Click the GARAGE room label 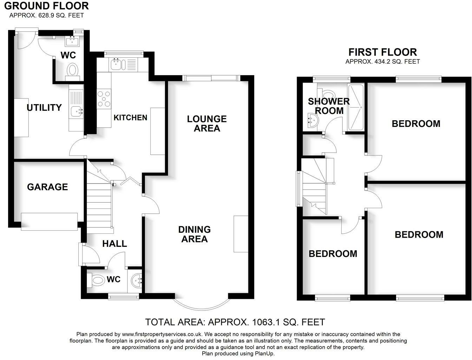click(x=47, y=187)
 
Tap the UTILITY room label click(x=44, y=108)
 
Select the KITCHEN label click(x=130, y=117)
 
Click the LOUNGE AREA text click(x=206, y=123)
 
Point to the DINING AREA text click(x=194, y=234)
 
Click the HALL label click(x=114, y=244)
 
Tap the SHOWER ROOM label click(x=329, y=106)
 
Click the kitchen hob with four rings click(x=104, y=99)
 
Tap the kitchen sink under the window click(x=116, y=64)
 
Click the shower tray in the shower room click(x=355, y=107)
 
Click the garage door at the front click(x=49, y=221)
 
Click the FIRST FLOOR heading click(x=382, y=52)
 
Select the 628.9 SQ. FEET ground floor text click(x=47, y=15)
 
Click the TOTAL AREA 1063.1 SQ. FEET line click(x=235, y=322)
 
